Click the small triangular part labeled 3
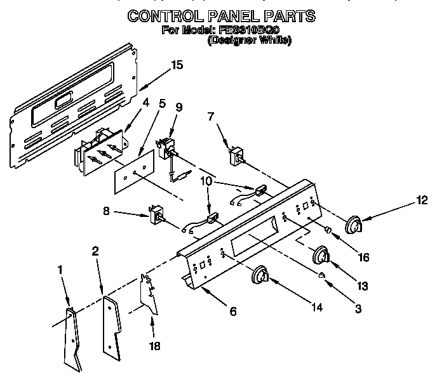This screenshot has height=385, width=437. (324, 274)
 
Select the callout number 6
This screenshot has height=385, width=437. (234, 312)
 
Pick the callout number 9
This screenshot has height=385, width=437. (178, 107)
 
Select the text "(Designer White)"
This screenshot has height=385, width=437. (250, 41)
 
